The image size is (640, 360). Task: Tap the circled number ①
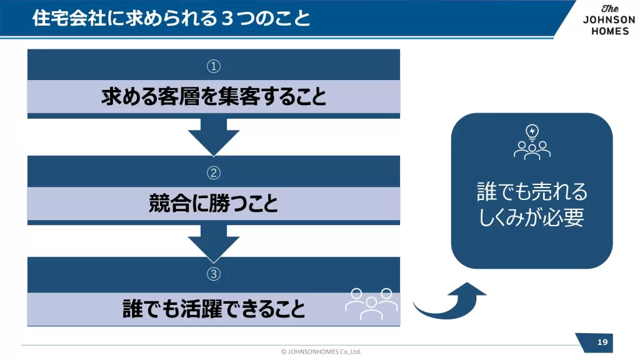tap(214, 66)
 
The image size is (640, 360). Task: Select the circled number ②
tap(214, 172)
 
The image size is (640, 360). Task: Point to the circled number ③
tap(214, 274)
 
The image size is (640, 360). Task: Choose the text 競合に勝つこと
tap(214, 203)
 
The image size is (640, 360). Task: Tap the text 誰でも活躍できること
tap(214, 309)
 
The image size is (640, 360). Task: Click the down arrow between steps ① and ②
tap(214, 136)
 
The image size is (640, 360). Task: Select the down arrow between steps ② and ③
tap(214, 242)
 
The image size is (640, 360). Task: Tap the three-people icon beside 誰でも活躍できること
tap(371, 302)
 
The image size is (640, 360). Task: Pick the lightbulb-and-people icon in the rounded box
tap(532, 142)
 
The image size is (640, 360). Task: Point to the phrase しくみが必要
tap(532, 217)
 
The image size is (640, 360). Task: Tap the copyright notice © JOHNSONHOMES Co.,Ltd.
tap(321, 351)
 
